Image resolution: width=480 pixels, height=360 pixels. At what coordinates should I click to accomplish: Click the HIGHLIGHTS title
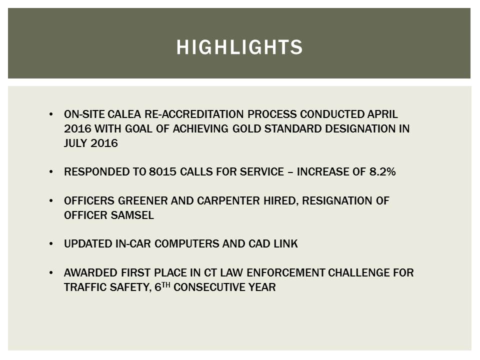239,47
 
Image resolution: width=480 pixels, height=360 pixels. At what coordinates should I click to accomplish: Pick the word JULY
75,143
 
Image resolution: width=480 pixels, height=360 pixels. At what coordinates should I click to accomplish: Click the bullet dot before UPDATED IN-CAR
52,244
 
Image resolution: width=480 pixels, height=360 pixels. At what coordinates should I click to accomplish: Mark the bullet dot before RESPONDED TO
52,172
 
